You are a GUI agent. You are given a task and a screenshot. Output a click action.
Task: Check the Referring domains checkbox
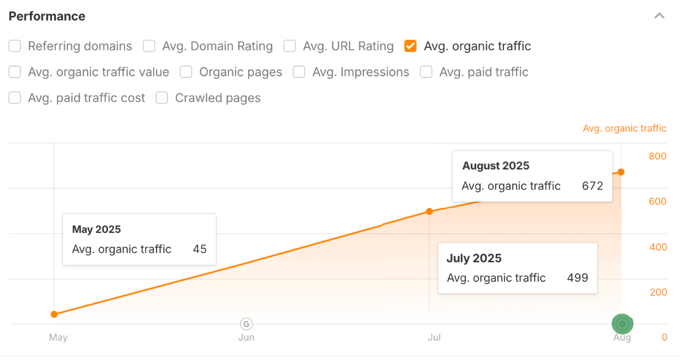click(15, 46)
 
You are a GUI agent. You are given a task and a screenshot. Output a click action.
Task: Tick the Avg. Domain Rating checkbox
click(149, 46)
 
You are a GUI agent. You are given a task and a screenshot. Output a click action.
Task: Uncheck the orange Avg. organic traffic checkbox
click(410, 46)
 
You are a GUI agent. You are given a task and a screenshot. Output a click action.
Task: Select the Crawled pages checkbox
click(162, 98)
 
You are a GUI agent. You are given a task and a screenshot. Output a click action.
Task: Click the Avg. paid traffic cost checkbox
click(15, 98)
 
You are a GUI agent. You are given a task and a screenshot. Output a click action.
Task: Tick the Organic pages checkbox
click(186, 72)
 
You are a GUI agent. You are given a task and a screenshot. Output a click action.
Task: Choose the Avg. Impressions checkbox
click(300, 72)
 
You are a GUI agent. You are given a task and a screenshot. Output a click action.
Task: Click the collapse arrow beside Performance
click(659, 16)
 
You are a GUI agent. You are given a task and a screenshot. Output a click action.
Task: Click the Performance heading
click(47, 17)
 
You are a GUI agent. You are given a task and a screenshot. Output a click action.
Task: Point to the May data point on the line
click(54, 314)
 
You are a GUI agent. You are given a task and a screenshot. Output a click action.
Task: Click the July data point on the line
click(429, 211)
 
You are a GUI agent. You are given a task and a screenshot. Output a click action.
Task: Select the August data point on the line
click(621, 172)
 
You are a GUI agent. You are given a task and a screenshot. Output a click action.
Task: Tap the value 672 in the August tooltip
click(592, 186)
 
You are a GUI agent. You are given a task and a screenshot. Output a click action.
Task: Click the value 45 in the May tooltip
click(199, 249)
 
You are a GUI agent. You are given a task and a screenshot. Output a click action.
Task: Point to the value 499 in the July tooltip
click(577, 278)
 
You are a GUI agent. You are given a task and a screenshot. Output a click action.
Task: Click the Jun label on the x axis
click(246, 338)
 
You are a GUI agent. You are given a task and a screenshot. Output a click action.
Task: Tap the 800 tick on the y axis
click(658, 156)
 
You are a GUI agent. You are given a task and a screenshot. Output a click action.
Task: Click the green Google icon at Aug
click(622, 324)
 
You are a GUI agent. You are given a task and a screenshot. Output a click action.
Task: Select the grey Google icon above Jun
click(246, 324)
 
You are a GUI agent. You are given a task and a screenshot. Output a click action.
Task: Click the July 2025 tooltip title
click(474, 258)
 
